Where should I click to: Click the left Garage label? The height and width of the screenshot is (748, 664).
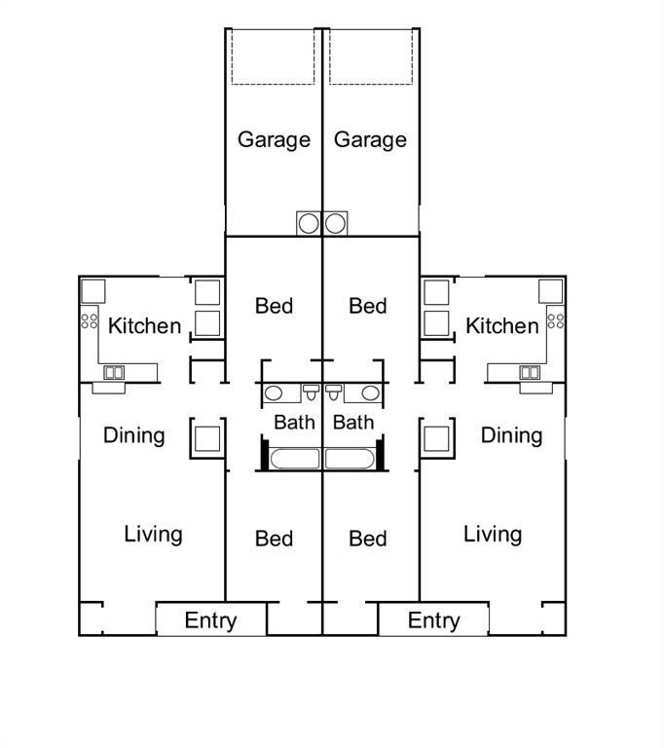(274, 140)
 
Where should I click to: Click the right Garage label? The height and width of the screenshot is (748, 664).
(370, 140)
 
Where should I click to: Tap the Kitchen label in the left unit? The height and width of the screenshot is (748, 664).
(144, 326)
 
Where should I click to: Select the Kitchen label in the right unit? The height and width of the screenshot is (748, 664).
(502, 326)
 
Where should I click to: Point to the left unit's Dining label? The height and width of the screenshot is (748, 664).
(134, 436)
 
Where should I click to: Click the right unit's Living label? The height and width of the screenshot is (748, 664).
(493, 535)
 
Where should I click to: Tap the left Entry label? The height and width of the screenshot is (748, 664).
(210, 621)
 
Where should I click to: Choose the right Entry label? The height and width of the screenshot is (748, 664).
(433, 621)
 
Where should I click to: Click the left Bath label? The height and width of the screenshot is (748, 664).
(294, 423)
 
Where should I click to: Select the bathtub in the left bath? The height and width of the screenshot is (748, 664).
(294, 459)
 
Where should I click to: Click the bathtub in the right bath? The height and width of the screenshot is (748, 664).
(350, 459)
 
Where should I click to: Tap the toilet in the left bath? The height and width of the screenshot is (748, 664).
(311, 393)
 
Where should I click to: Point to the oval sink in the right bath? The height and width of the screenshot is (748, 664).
(370, 393)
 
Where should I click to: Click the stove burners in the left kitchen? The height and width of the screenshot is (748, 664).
(90, 321)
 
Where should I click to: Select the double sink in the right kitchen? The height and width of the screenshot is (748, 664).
(530, 373)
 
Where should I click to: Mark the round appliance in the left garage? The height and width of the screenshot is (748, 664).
(309, 224)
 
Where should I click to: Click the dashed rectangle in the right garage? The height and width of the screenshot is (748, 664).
(371, 57)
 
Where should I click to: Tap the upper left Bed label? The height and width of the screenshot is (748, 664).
(274, 306)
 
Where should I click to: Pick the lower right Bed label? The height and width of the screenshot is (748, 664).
(368, 539)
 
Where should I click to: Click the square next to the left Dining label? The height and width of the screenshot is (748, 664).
(207, 439)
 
